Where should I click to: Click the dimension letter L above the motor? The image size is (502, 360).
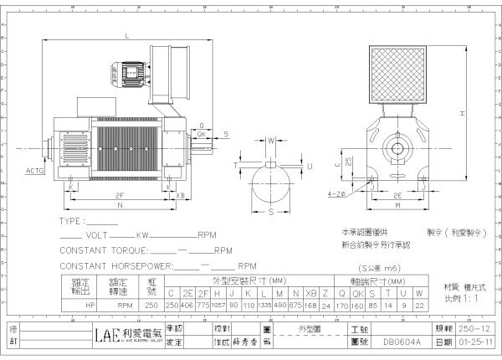[127, 36]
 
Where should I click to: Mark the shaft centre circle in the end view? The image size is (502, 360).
[393, 153]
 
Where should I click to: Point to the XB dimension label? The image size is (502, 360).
[180, 194]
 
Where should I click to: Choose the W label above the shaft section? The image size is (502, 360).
[271, 141]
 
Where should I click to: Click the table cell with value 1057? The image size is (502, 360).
[219, 305]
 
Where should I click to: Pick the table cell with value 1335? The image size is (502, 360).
[264, 305]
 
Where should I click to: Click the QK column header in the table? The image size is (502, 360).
[358, 292]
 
